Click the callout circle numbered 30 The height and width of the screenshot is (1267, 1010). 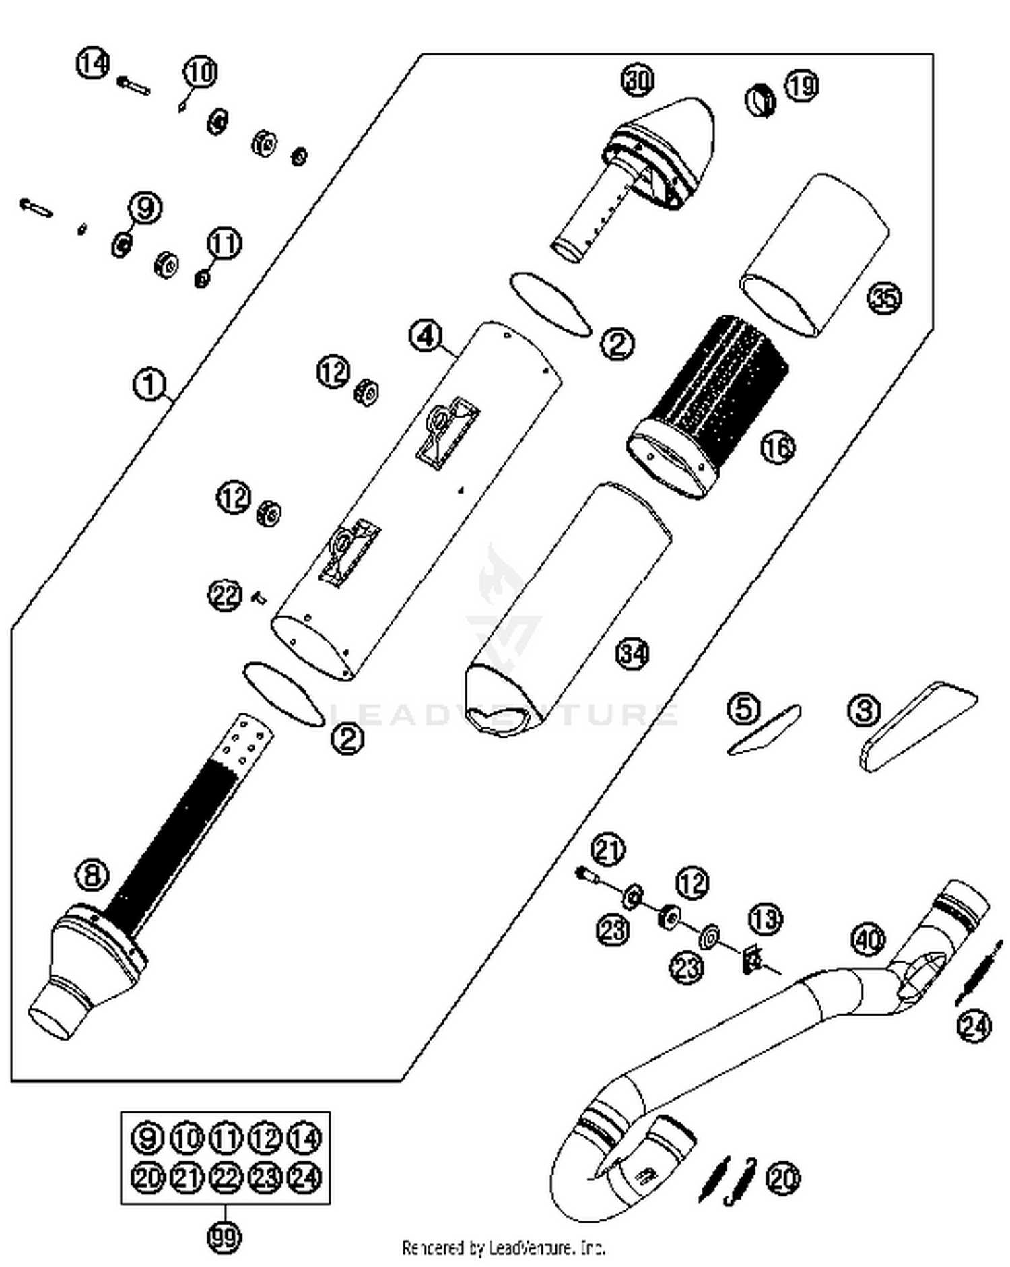637,79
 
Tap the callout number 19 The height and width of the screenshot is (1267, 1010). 801,86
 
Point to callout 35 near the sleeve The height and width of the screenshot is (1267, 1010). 883,298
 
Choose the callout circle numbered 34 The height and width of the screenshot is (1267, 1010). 633,653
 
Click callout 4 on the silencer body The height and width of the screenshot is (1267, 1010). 426,335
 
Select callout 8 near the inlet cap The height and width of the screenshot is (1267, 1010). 92,875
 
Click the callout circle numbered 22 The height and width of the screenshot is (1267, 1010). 224,595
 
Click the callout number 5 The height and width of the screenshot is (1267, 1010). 744,709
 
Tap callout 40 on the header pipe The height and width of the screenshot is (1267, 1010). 868,939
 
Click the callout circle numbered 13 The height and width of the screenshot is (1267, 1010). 765,919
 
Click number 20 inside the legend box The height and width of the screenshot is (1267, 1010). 147,1177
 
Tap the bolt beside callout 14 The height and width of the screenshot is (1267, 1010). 134,86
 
